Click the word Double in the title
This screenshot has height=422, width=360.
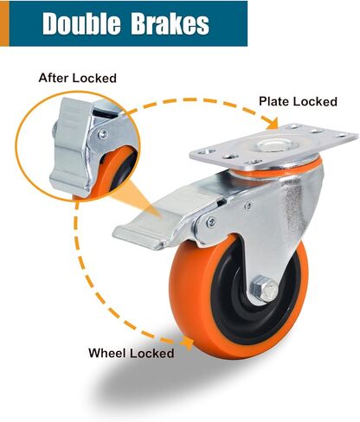81,23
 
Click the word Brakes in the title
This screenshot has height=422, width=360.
170,23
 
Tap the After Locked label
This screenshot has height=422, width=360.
78,78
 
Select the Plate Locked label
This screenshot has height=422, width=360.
298,101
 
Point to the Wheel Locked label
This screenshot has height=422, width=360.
132,353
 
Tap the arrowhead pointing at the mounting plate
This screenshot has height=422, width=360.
272,124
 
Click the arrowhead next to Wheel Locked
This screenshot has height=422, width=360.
188,342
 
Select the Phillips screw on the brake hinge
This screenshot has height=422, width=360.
211,221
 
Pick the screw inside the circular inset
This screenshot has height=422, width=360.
103,134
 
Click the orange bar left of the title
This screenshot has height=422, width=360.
4,23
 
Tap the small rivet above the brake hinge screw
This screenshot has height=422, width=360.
247,206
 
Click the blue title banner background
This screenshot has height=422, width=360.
128,23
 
